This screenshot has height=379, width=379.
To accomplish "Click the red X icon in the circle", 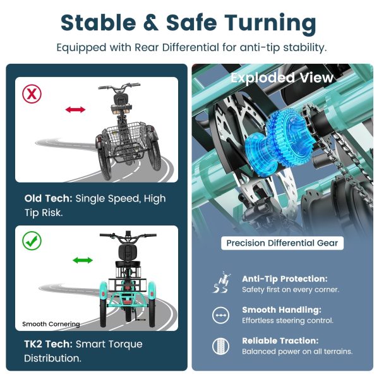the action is [x=32, y=93].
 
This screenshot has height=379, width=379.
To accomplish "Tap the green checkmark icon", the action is [x=32, y=241].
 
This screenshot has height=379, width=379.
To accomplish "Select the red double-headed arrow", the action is [x=75, y=109].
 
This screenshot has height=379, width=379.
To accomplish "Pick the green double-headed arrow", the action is [x=83, y=260].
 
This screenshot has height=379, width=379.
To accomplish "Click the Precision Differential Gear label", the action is [x=282, y=243].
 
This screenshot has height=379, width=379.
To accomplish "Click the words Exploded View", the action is [x=282, y=78].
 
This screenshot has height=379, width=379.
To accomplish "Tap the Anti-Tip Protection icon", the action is [x=221, y=282].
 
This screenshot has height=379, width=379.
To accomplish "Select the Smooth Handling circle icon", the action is [x=220, y=315].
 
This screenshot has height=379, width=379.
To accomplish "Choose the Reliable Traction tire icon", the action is [x=220, y=346].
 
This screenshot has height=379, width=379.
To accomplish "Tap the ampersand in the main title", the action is [x=151, y=23].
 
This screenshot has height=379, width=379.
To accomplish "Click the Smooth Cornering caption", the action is [x=51, y=324].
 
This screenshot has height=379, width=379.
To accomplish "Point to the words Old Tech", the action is [x=49, y=198].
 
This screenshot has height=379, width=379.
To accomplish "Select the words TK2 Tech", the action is [x=49, y=344].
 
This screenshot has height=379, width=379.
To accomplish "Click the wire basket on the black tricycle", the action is [x=125, y=138].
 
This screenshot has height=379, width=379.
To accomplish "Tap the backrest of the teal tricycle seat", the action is [x=128, y=252].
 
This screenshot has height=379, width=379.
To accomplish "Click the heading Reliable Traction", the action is [x=280, y=341].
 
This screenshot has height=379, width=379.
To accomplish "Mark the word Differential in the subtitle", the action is [x=191, y=47].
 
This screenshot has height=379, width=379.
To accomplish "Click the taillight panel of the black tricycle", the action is [x=121, y=109].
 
